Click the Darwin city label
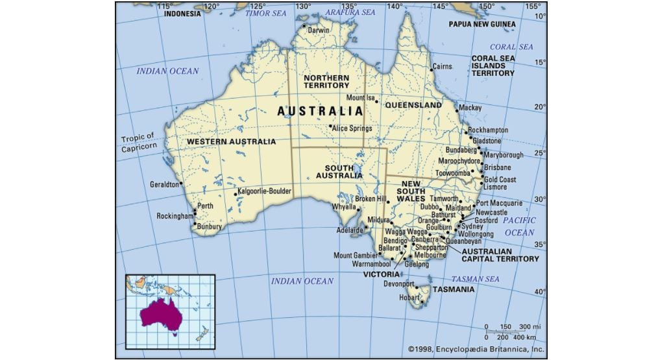[x=319, y=30]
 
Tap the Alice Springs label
[x=352, y=128]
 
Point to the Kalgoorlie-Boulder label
[x=265, y=191]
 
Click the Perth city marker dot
[x=195, y=210]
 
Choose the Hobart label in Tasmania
[x=409, y=298]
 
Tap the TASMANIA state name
[x=454, y=289]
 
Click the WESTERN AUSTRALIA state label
[x=231, y=141]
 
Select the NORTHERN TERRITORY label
[x=326, y=81]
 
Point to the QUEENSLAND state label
[x=413, y=104]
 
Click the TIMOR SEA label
[x=265, y=13]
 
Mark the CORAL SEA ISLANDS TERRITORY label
[x=493, y=66]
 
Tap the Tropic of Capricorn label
[x=139, y=142]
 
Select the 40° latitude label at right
[x=540, y=292]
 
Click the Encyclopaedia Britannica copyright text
[x=476, y=348]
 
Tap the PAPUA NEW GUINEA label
[x=482, y=25]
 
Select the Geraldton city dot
[x=181, y=184]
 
